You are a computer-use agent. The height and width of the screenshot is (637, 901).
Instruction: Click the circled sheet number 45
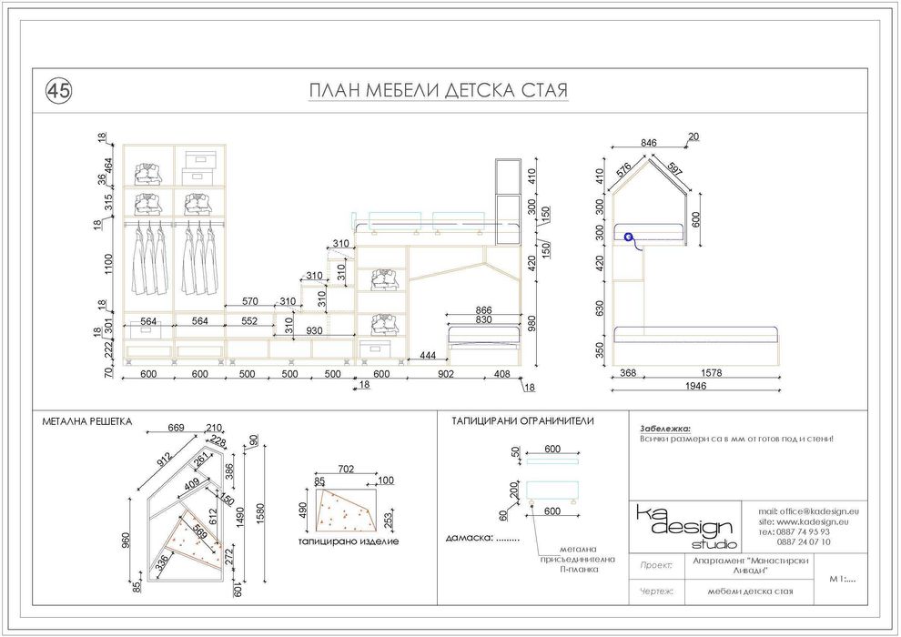tap(58, 90)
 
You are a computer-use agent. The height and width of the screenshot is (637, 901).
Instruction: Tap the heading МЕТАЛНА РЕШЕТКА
tap(87, 421)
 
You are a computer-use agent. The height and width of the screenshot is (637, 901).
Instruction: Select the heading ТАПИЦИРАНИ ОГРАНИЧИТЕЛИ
tap(522, 421)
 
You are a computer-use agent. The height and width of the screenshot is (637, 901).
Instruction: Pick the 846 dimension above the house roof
tap(648, 143)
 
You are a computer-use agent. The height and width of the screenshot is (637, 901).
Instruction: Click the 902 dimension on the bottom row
tap(446, 373)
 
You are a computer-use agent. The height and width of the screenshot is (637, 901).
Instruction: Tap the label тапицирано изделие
tap(348, 541)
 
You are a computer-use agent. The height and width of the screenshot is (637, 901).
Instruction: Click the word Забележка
tap(665, 428)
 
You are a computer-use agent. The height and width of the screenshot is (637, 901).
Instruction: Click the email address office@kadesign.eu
tap(808, 512)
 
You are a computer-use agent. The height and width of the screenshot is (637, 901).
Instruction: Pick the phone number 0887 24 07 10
tap(803, 541)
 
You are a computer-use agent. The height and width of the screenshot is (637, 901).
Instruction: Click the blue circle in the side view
tap(628, 236)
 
